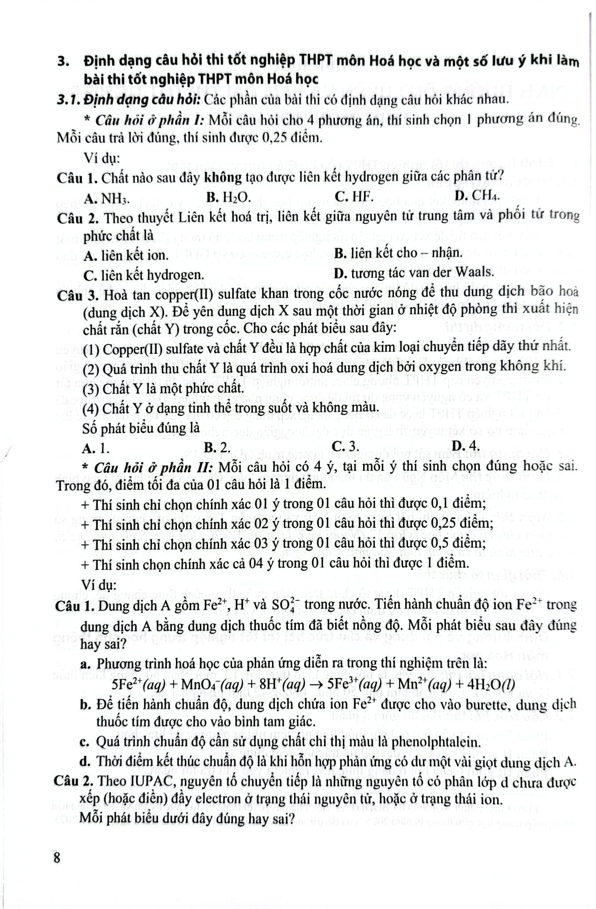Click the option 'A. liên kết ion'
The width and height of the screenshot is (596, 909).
tap(126, 255)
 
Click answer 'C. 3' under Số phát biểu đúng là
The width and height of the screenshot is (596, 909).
tap(345, 446)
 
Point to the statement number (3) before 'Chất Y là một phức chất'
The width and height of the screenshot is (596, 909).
tap(91, 388)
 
